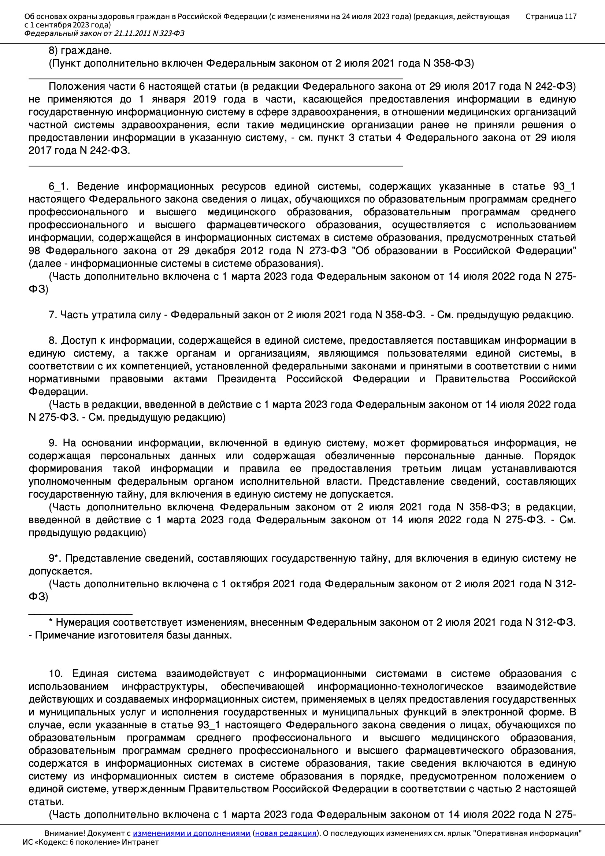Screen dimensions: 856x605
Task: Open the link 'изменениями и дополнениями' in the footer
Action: pyautogui.click(x=191, y=833)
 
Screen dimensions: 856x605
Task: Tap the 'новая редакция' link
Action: pyautogui.click(x=285, y=833)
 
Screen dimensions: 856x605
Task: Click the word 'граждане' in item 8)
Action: pyautogui.click(x=85, y=51)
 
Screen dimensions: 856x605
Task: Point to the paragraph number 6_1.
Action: pyautogui.click(x=57, y=186)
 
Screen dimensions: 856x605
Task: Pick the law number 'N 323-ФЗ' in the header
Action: pyautogui.click(x=168, y=34)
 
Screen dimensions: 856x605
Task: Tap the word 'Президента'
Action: pyautogui.click(x=246, y=379)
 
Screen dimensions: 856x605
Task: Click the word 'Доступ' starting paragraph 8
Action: pyautogui.click(x=75, y=340)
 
